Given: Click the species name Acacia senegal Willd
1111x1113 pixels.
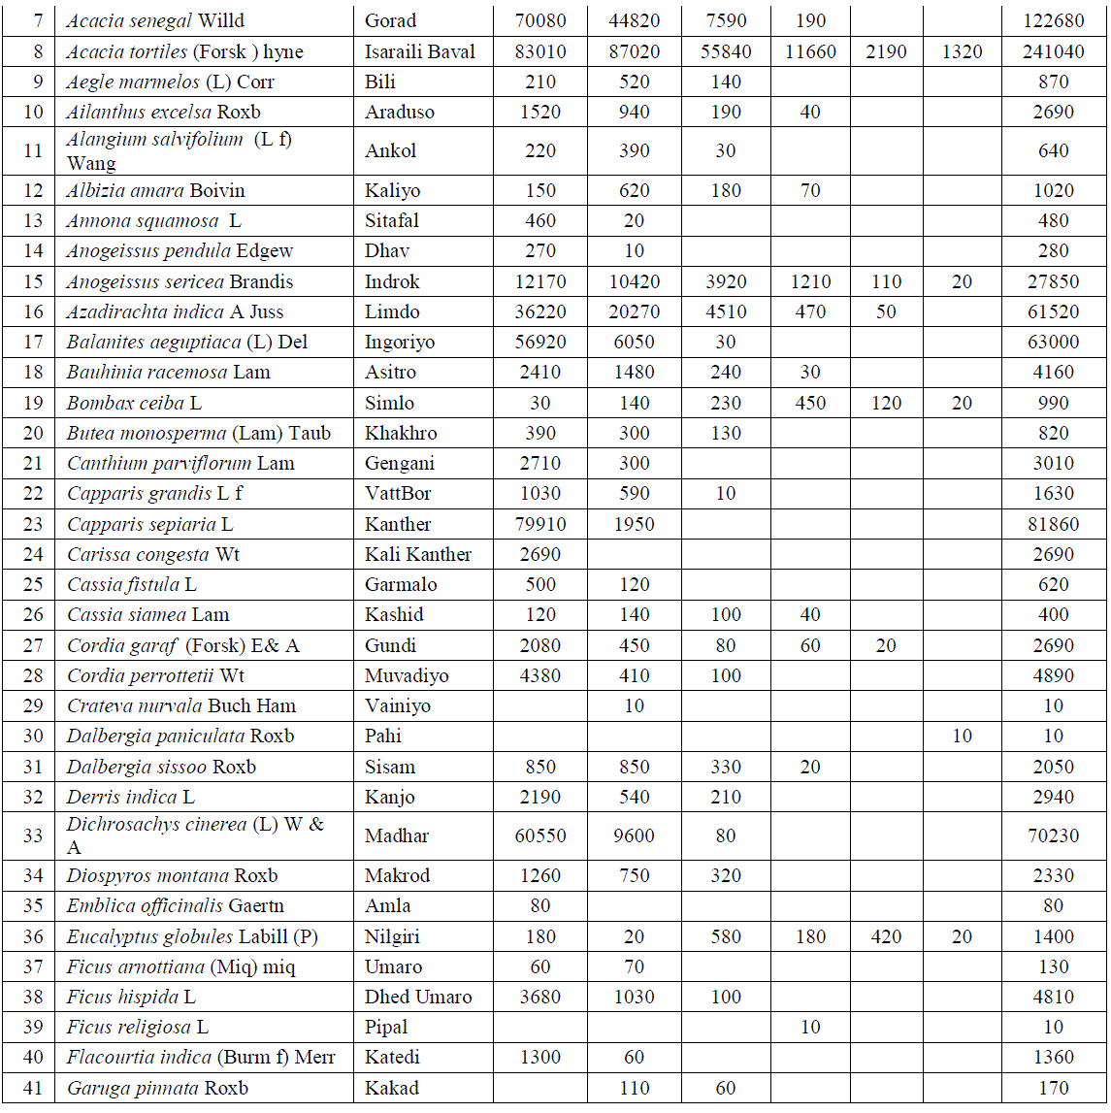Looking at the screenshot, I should point(155,20).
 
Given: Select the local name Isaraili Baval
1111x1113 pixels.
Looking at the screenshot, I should point(420,51).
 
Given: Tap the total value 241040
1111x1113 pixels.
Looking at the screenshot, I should point(1053,51).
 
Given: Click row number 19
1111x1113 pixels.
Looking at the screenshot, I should point(33,403).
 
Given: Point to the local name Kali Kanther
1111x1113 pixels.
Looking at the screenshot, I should point(418,554).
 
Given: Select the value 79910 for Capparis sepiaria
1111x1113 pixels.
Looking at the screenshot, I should point(540,524).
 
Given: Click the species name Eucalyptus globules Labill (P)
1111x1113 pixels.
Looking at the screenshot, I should point(192,936).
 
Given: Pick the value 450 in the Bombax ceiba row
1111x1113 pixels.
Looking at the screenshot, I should point(810,403).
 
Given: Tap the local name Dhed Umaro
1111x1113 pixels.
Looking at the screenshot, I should point(418,997).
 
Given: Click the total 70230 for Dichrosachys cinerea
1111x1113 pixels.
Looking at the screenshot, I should point(1053,835).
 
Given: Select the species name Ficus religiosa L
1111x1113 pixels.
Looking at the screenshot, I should point(138,1027).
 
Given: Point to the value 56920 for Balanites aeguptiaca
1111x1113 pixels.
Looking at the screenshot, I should point(540,342).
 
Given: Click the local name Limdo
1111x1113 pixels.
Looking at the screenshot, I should point(392,311).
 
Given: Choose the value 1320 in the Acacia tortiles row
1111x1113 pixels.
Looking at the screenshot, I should point(962,51).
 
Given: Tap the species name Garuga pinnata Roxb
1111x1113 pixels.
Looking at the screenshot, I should point(157,1088).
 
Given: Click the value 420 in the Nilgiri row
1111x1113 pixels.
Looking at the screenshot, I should point(886,936).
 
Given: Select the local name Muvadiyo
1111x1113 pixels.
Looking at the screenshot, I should point(407,675).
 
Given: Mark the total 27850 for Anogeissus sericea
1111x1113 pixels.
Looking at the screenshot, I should point(1053,281).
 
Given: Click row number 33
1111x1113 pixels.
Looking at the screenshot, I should point(33,835).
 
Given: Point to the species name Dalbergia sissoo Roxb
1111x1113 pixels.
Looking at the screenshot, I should point(161,767).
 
